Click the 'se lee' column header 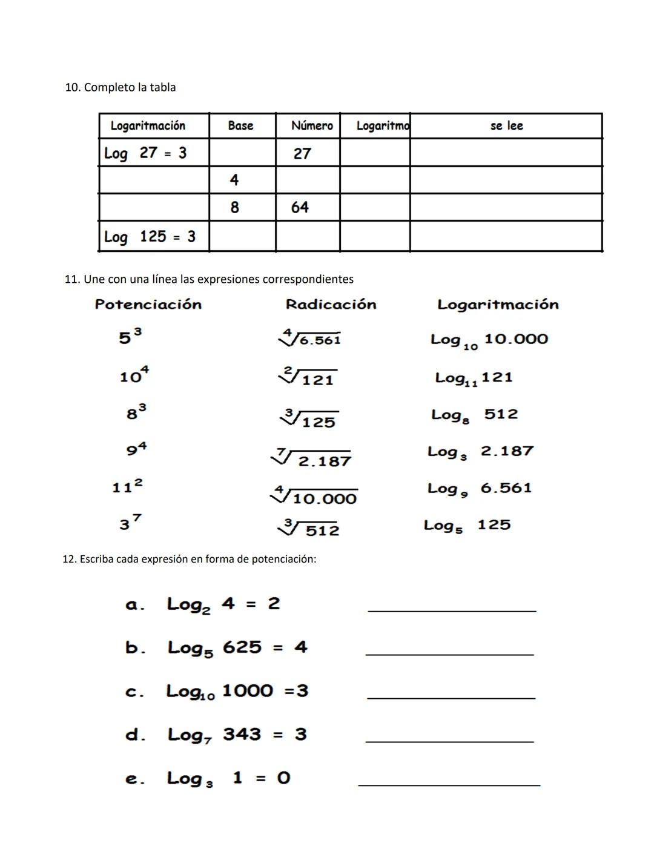click(506, 126)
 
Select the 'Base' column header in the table click(240, 126)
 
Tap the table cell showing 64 click(300, 207)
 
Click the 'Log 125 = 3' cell click(150, 236)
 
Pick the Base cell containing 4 click(234, 180)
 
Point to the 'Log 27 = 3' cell click(145, 153)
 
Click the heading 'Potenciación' click(148, 305)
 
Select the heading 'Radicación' click(331, 305)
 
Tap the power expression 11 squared click(128, 486)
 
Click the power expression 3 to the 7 click(130, 523)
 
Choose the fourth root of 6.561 click(310, 338)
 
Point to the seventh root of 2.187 click(312, 459)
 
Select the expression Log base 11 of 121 click(474, 378)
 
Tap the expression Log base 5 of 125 click(467, 526)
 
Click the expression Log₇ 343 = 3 click(237, 735)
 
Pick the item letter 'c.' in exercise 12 click(134, 692)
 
